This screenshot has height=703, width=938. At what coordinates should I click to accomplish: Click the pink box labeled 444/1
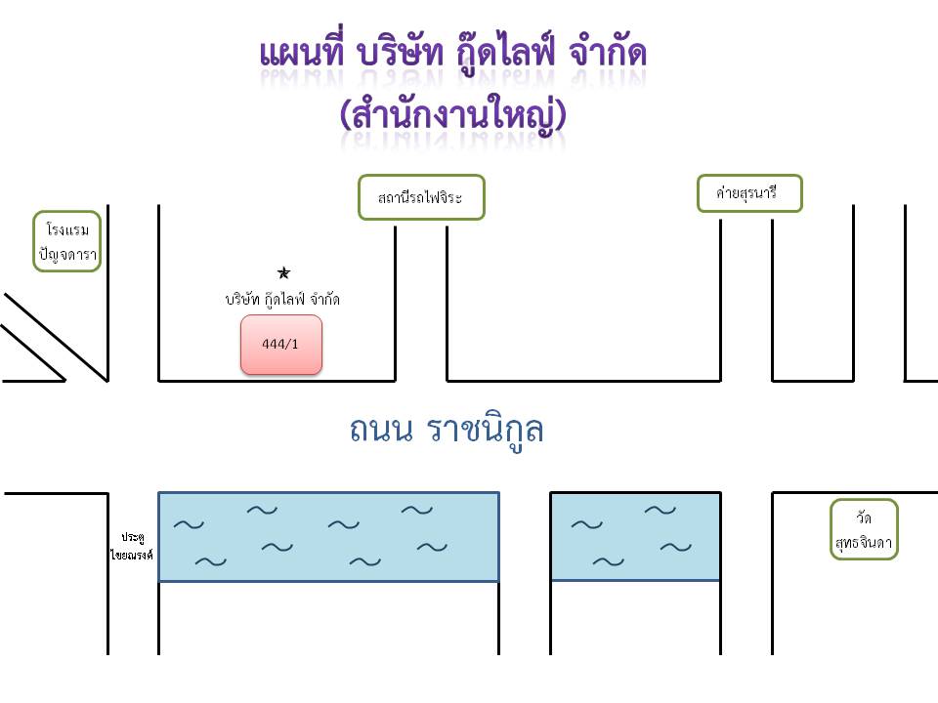281,345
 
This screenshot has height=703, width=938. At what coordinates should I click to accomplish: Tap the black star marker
283,273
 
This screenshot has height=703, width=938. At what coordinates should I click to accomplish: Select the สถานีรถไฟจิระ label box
421,197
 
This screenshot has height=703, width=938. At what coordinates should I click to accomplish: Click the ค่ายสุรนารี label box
749,193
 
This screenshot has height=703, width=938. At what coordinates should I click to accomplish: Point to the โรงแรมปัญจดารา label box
67,241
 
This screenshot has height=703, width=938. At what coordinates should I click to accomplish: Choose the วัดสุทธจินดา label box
864,529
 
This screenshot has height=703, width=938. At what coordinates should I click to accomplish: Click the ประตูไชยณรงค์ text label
132,546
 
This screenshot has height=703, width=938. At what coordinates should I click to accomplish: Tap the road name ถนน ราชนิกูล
447,429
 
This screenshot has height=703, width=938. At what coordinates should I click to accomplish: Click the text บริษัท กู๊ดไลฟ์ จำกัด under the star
282,299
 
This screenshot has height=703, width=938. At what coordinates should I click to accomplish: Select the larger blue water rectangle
328,537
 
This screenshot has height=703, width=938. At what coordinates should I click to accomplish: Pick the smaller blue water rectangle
635,536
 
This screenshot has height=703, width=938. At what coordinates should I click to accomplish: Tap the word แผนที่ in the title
302,52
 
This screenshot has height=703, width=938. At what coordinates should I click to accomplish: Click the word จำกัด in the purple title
608,52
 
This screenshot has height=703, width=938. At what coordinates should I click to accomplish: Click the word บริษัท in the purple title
400,53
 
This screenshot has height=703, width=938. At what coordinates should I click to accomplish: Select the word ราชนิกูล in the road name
486,429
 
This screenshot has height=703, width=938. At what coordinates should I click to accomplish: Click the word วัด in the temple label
864,517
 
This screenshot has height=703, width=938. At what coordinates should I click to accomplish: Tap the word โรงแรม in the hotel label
67,229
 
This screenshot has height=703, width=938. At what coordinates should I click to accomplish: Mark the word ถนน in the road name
381,430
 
